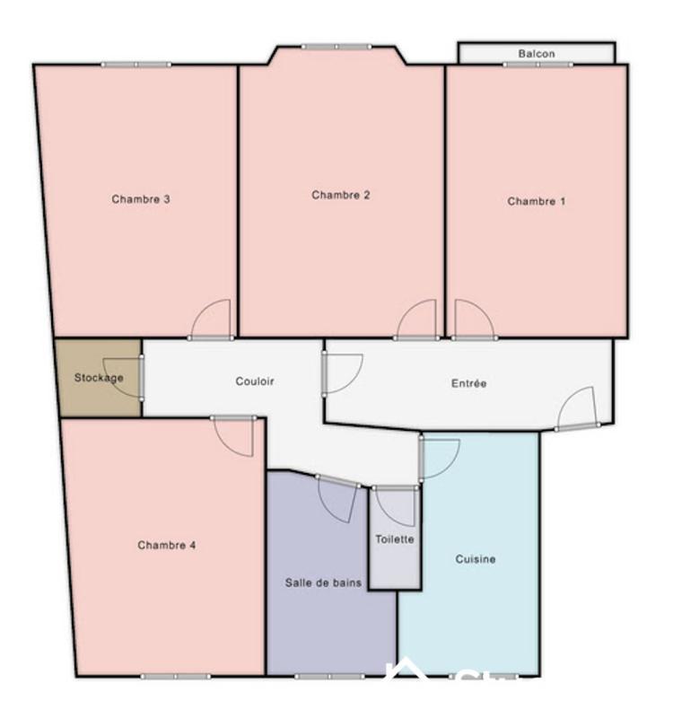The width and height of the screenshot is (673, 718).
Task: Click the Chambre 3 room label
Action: pyautogui.click(x=141, y=199)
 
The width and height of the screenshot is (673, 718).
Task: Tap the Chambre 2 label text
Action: pyautogui.click(x=341, y=195)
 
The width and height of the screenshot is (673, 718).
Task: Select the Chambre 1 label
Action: pyautogui.click(x=537, y=201)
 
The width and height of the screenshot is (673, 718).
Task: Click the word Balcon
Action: pyautogui.click(x=537, y=54)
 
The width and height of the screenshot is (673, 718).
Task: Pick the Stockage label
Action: pyautogui.click(x=99, y=378)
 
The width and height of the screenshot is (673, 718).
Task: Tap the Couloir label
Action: pyautogui.click(x=255, y=381)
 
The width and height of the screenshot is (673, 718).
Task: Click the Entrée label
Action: pyautogui.click(x=468, y=383)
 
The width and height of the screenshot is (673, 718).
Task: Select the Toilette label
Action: pyautogui.click(x=395, y=539)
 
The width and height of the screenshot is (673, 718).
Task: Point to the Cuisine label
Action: pyautogui.click(x=476, y=559)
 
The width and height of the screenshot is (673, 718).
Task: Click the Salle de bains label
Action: pyautogui.click(x=324, y=582)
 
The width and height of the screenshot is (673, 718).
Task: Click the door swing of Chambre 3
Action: pyautogui.click(x=213, y=320)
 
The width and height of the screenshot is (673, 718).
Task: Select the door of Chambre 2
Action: pyautogui.click(x=417, y=320)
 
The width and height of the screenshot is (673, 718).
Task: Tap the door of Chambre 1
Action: pyautogui.click(x=472, y=320)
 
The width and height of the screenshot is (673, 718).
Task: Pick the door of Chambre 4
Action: pyautogui.click(x=235, y=436)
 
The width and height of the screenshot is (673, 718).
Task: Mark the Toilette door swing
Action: pyautogui.click(x=396, y=507)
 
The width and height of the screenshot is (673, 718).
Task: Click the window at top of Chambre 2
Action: pyautogui.click(x=336, y=47)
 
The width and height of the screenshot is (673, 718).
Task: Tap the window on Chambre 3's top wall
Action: pyautogui.click(x=135, y=65)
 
